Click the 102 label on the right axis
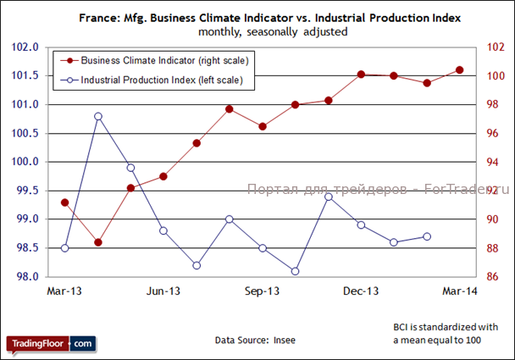(495, 47)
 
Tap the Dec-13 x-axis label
(361, 291)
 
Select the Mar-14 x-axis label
(460, 291)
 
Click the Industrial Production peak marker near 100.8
(98, 116)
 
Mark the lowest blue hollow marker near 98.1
(295, 271)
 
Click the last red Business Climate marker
(460, 69)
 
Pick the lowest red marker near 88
(98, 242)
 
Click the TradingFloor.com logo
(52, 344)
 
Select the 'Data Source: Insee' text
(255, 340)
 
